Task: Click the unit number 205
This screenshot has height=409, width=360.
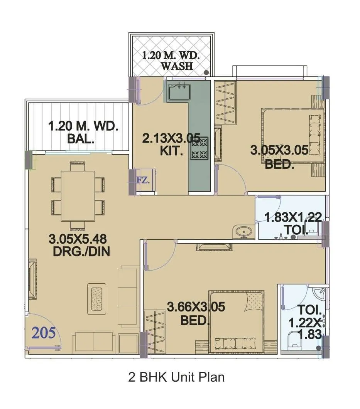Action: pos(44,332)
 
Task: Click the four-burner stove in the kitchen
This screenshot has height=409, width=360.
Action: pos(199,148)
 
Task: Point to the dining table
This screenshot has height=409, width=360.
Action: pos(78,196)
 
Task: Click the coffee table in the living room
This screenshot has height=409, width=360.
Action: pos(96,297)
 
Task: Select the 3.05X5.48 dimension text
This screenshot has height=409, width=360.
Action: pos(77,239)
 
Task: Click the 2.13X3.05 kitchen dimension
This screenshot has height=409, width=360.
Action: pos(171,138)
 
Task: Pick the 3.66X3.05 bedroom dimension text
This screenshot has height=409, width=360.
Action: pos(196,307)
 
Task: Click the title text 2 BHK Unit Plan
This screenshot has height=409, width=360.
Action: pos(176,377)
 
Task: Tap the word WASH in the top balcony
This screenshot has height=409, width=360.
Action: pos(177,66)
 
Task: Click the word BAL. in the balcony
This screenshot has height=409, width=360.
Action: pos(81,139)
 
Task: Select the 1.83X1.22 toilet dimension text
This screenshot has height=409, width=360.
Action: pos(293,217)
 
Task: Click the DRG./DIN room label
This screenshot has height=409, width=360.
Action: pos(82,252)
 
